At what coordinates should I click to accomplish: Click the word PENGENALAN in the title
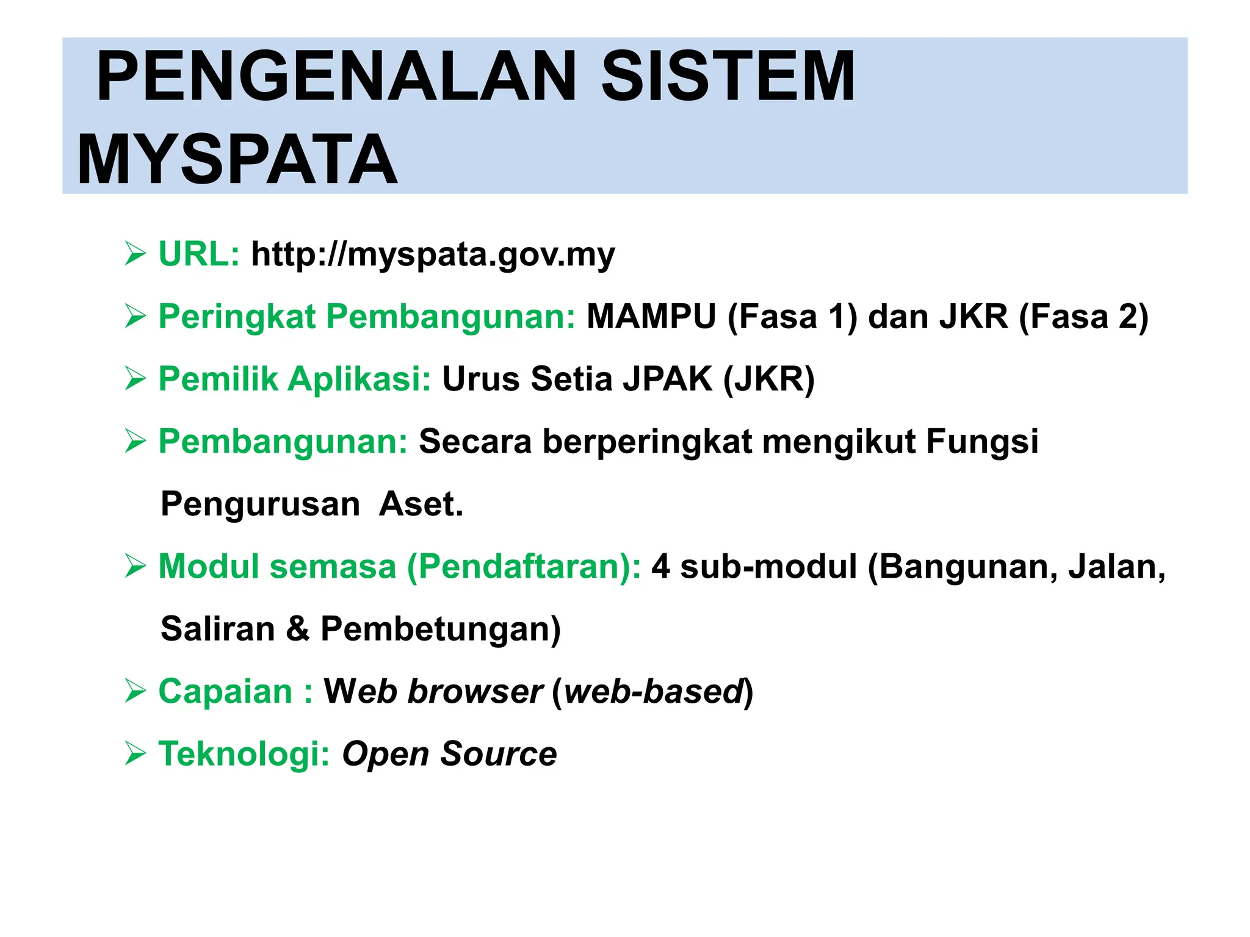(x=336, y=77)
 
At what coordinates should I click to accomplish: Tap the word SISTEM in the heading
(x=728, y=77)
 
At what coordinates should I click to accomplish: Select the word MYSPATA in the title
(x=237, y=160)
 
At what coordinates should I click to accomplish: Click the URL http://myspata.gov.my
(x=433, y=254)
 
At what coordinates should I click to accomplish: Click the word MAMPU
(x=651, y=317)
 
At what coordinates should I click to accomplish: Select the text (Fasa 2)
(x=1083, y=317)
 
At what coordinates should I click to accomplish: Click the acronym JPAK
(x=667, y=379)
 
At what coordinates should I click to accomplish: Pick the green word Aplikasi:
(x=359, y=379)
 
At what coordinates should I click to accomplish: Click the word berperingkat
(x=647, y=442)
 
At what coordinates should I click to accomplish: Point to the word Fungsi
(x=981, y=442)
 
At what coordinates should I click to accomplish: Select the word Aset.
(x=421, y=504)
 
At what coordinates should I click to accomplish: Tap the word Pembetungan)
(x=440, y=629)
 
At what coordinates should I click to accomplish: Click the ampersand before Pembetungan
(x=297, y=629)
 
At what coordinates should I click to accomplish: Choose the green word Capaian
(x=225, y=692)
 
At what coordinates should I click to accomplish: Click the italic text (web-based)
(x=652, y=692)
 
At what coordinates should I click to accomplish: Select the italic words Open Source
(x=449, y=754)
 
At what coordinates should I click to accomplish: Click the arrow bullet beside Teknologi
(x=135, y=755)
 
